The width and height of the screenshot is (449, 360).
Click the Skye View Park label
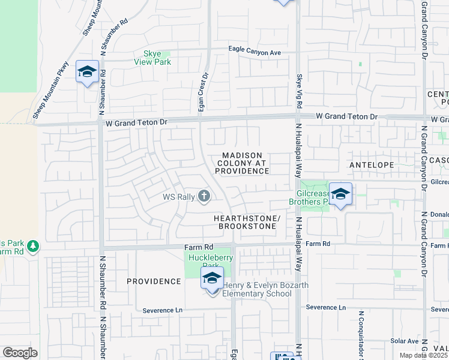pyautogui.click(x=152, y=58)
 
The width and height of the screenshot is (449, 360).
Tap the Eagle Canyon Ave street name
pyautogui.click(x=255, y=53)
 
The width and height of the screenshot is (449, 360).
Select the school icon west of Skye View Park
pyautogui.click(x=88, y=73)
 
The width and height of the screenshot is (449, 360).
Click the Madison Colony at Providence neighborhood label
pyautogui.click(x=242, y=163)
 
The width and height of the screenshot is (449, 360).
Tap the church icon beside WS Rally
pyautogui.click(x=204, y=196)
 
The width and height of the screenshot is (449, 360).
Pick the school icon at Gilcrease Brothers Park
pyautogui.click(x=340, y=194)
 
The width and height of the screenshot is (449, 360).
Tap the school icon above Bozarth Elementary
pyautogui.click(x=212, y=278)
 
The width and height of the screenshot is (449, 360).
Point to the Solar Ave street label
pyautogui.click(x=404, y=341)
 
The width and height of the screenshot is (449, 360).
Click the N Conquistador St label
pyautogui.click(x=362, y=336)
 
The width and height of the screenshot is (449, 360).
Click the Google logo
pyautogui.click(x=20, y=353)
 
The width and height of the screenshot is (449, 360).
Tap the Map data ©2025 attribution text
pyautogui.click(x=424, y=355)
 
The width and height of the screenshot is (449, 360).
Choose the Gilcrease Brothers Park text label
pyautogui.click(x=313, y=198)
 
